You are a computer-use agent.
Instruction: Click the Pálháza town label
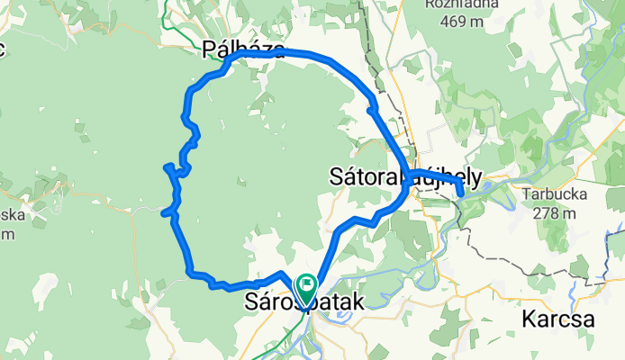(245, 50)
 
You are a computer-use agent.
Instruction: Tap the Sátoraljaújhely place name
(405, 175)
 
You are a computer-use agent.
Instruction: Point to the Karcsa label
(557, 319)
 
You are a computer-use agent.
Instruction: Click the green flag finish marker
(305, 287)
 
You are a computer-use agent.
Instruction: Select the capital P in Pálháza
(210, 50)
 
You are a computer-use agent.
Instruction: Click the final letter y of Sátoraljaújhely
(477, 177)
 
